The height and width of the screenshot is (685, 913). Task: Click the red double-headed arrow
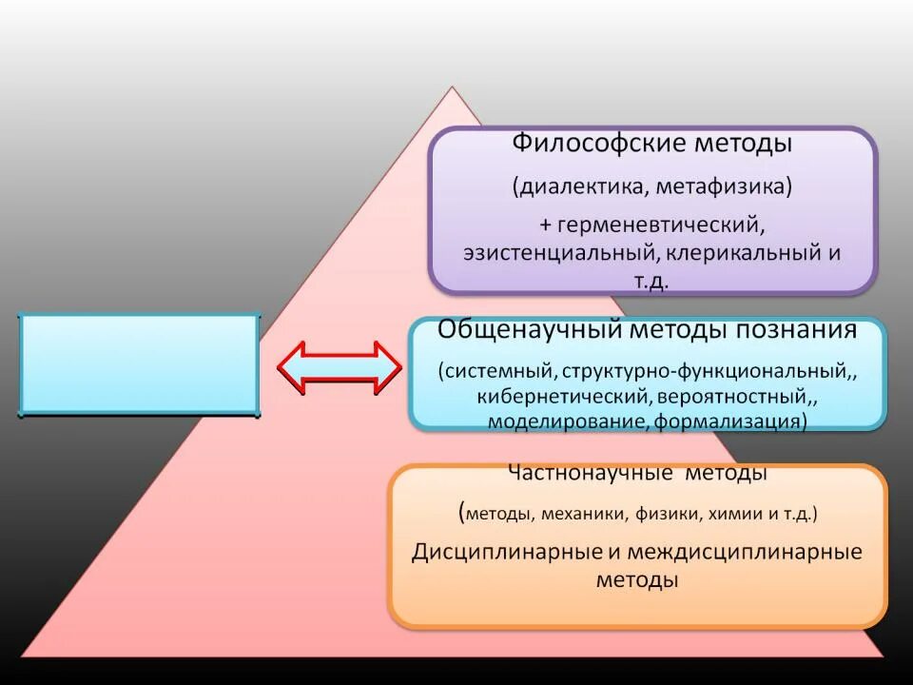click(340, 366)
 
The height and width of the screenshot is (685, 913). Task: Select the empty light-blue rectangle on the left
click(139, 365)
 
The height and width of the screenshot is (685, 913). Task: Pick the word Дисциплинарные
click(501, 553)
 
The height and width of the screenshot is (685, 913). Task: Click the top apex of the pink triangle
click(453, 88)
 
